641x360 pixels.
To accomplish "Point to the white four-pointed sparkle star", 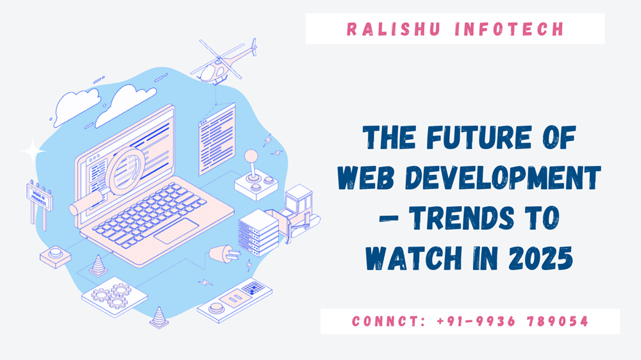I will click(x=33, y=152).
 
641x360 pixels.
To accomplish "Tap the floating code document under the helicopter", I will click(x=217, y=138).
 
